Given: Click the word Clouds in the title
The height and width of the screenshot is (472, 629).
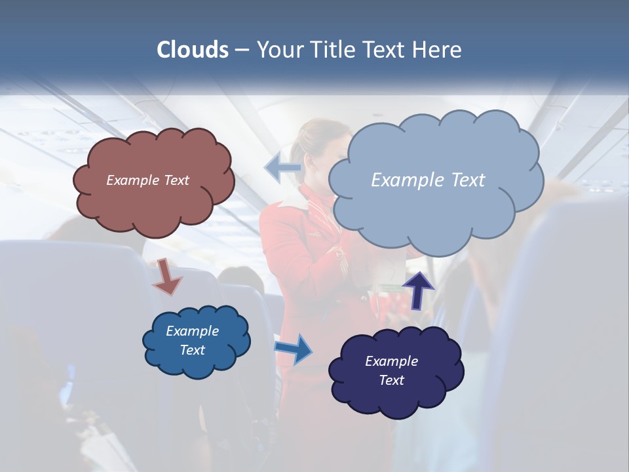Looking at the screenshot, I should tap(193, 50).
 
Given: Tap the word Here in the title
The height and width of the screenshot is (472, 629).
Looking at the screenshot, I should tap(437, 50).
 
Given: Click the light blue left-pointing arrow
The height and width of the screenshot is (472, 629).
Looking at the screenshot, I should tap(282, 168).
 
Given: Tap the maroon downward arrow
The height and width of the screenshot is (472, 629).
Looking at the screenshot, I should tap(168, 276).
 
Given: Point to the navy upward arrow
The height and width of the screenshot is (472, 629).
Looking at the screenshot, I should tap(419, 290).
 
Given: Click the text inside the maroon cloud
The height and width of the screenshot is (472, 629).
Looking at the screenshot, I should tap(147, 180).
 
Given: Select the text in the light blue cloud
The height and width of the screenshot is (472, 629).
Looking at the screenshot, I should tap(428, 180).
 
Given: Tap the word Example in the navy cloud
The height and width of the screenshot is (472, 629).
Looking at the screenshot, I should tap(391, 361).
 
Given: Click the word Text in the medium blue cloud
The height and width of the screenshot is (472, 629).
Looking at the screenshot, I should tap(193, 350).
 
